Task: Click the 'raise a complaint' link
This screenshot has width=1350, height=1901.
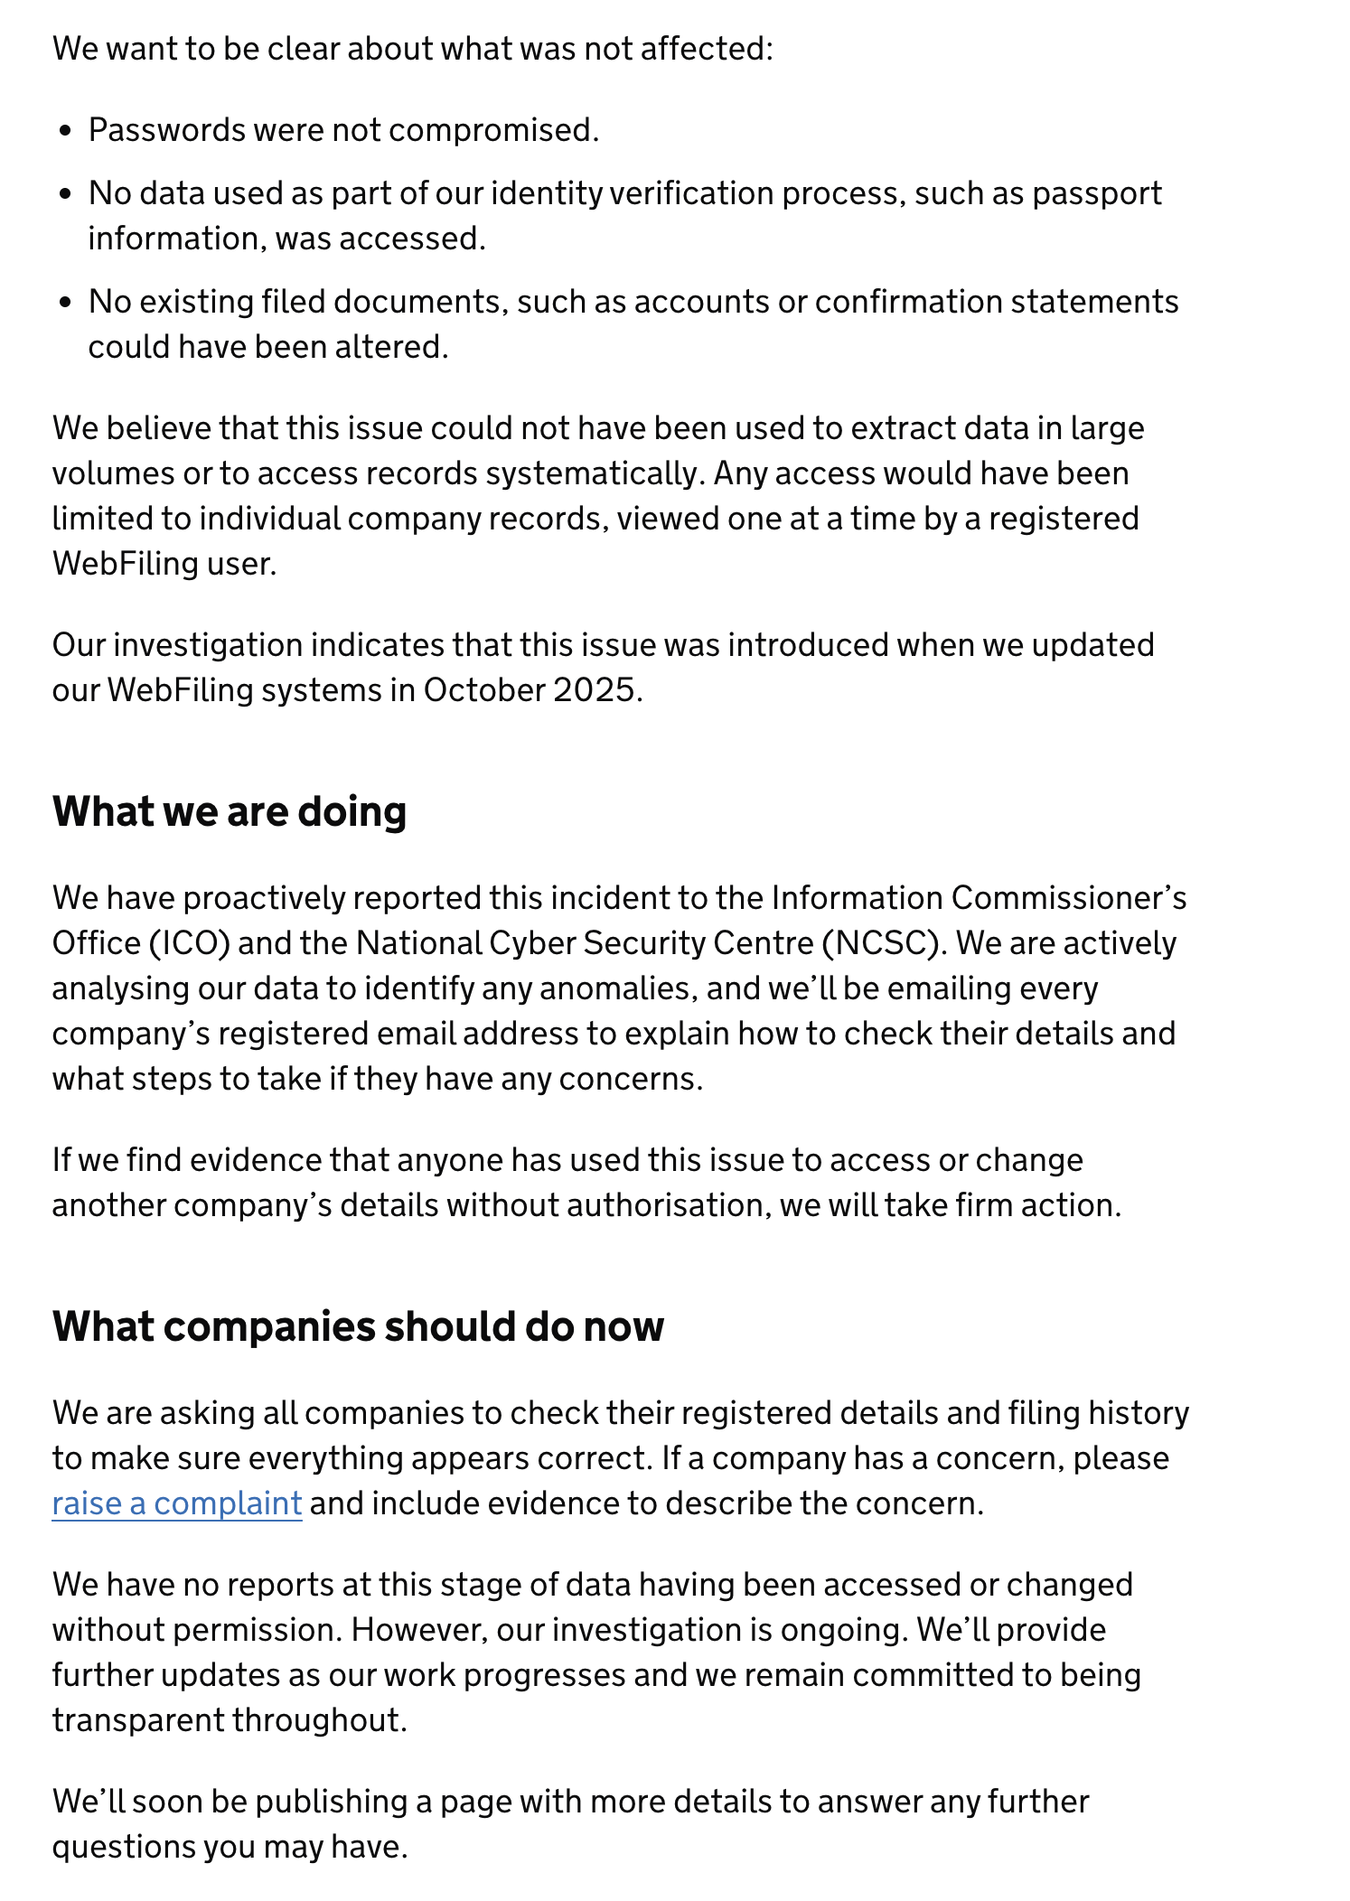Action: [x=176, y=1503]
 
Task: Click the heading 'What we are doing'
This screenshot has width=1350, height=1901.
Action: [x=230, y=811]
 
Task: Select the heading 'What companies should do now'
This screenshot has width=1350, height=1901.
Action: [x=358, y=1326]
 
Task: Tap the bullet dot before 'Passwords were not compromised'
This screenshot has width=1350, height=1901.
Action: [x=64, y=131]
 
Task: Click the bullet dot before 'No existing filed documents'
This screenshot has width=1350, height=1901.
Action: [x=64, y=303]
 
